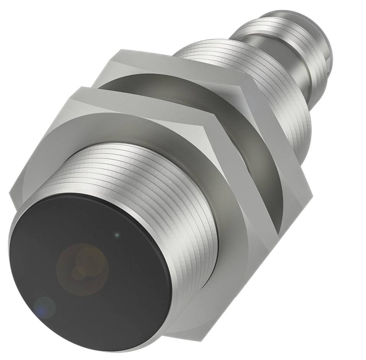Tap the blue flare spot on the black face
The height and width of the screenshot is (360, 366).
click(44, 307)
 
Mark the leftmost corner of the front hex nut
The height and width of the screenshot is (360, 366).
click(10, 195)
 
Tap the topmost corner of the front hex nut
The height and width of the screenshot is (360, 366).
click(79, 88)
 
